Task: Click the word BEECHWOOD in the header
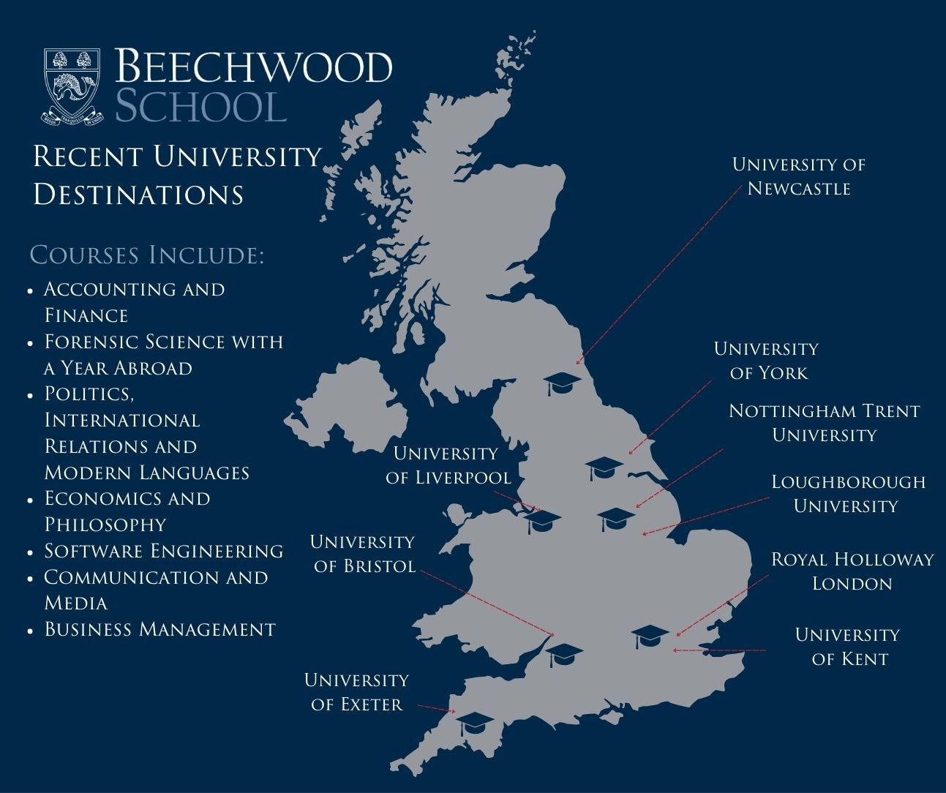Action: pos(253,67)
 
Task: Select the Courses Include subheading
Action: pos(146,255)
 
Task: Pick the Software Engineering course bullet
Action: pos(163,551)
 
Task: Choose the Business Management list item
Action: pos(159,629)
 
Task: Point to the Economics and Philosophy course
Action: pos(127,511)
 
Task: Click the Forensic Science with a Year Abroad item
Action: pos(163,355)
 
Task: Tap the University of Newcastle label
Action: pos(798,176)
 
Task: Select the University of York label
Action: pos(766,361)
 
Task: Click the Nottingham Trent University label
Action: pos(824,423)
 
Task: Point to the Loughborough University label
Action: pos(847,494)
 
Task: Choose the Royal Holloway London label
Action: pos(852,571)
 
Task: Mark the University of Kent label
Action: pos(847,647)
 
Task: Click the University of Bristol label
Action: pos(362,554)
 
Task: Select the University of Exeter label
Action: pos(356,692)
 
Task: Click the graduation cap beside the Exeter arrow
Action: pos(473,724)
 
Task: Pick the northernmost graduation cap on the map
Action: pos(563,383)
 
